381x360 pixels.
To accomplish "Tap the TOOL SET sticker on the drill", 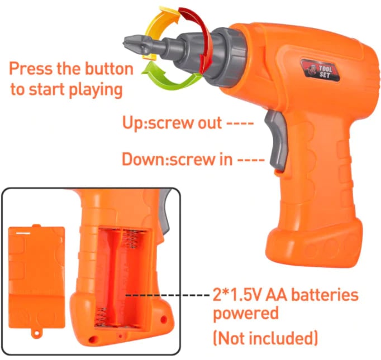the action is pos(320,70).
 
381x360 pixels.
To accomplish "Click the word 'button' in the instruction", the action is pos(109,69).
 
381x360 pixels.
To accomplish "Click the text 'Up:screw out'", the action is pos(172,123).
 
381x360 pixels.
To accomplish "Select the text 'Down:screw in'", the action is pos(177,159).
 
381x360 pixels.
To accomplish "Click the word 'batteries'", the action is pos(325,295).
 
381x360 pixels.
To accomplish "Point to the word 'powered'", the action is pos(246,314).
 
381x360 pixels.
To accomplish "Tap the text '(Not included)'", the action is pos(265,338).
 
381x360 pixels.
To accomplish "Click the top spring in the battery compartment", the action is pos(131,239).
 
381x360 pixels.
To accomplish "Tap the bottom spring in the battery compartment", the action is pos(101,317).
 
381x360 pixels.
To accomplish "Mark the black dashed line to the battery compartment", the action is pos(168,295).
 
